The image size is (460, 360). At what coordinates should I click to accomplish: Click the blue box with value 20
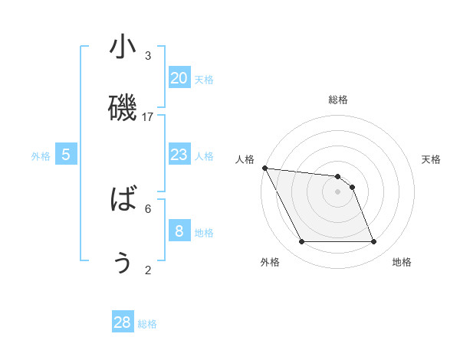click(x=179, y=77)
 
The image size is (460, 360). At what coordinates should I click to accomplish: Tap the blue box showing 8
click(x=179, y=231)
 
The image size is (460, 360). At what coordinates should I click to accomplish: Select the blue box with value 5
click(x=66, y=154)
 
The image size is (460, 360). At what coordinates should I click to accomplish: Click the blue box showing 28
click(x=123, y=322)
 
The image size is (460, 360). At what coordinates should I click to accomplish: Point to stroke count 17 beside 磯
click(x=148, y=116)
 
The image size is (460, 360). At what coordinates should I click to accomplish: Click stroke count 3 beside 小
click(x=148, y=55)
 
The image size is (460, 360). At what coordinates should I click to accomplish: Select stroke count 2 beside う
click(x=148, y=270)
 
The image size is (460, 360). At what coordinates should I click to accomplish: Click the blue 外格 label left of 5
click(x=41, y=155)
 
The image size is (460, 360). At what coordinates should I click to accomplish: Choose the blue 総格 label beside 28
click(x=148, y=324)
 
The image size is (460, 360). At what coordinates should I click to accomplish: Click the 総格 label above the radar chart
click(x=338, y=100)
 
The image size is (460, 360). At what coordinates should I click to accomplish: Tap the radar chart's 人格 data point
click(x=264, y=168)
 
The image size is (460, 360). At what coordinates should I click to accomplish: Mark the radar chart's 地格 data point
click(x=373, y=242)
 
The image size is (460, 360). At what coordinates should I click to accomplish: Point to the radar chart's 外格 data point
click(x=302, y=242)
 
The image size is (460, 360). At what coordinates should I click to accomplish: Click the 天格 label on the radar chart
click(x=432, y=159)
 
